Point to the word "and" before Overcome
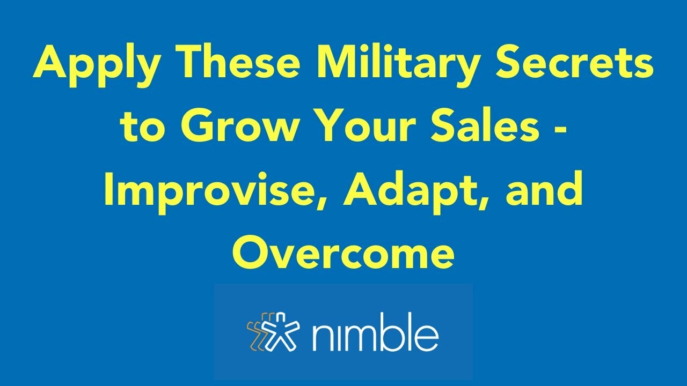tap(544, 190)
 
